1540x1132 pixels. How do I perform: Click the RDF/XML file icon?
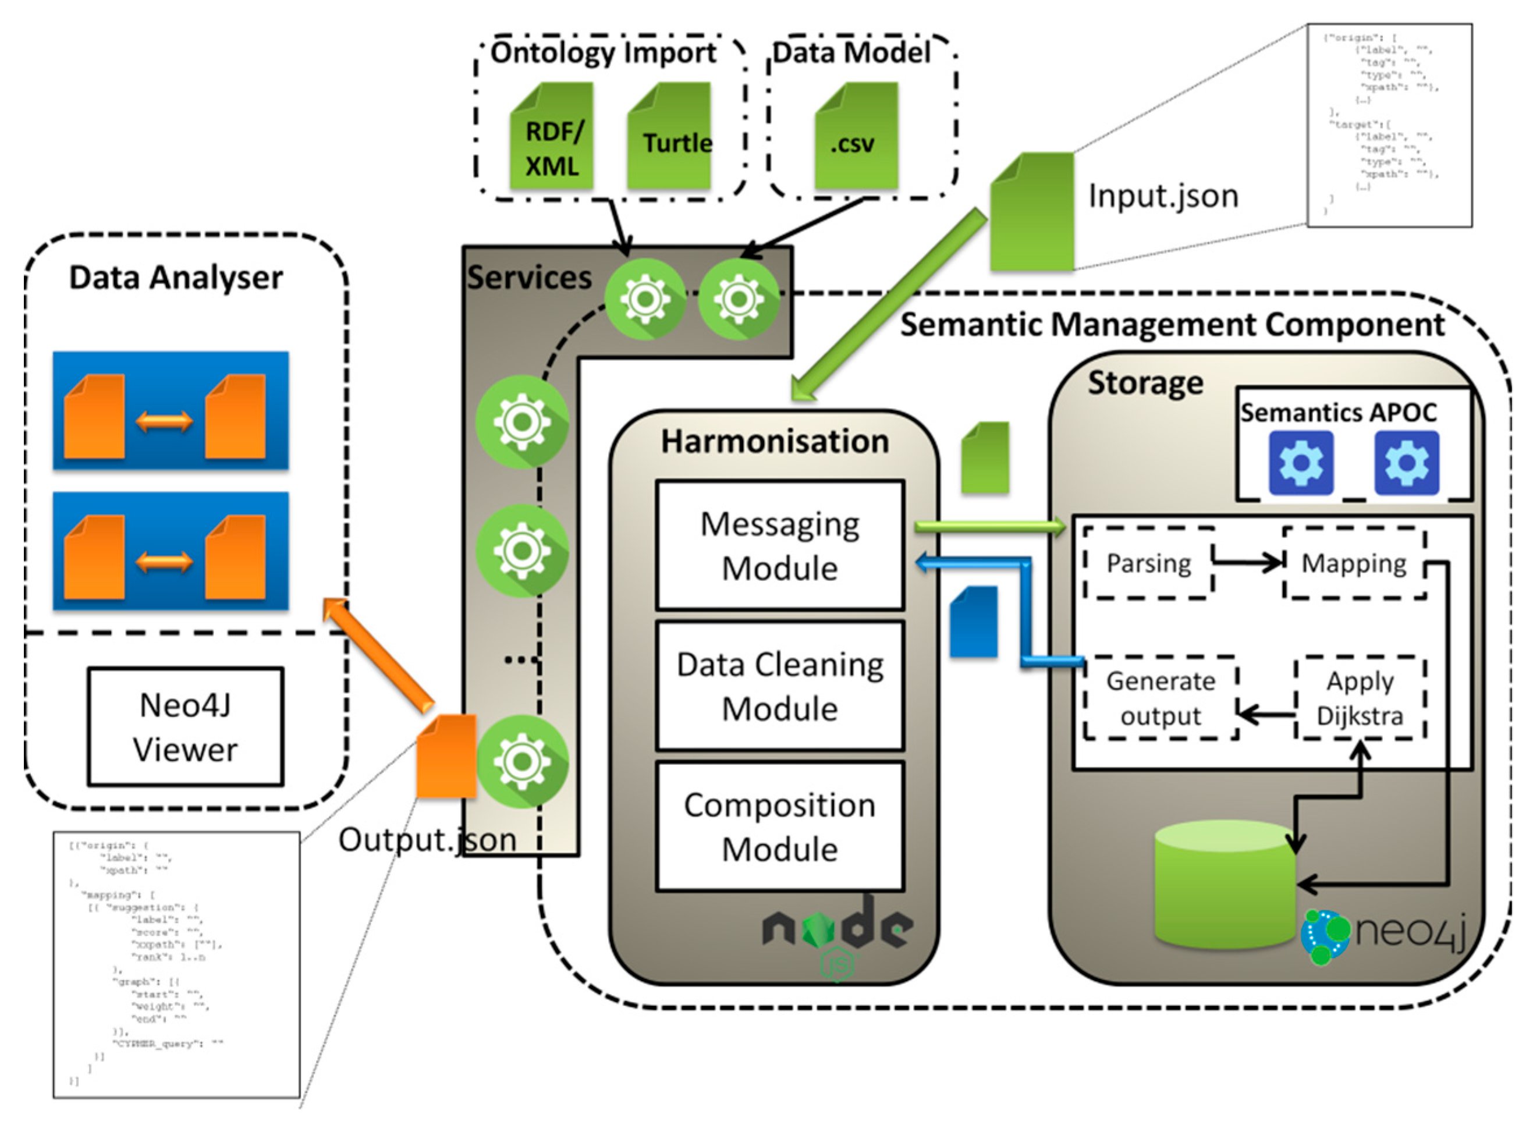[552, 136]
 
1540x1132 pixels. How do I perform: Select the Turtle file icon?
[669, 136]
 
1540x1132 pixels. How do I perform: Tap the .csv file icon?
[856, 136]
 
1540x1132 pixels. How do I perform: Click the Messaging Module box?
[779, 545]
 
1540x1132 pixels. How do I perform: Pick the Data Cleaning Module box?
[779, 686]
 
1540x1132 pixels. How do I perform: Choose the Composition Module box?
[779, 826]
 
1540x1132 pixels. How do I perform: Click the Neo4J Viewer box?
[185, 726]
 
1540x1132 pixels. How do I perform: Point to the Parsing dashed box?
[1149, 563]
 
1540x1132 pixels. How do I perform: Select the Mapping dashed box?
[1354, 563]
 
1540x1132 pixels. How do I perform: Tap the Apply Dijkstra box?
[1360, 698]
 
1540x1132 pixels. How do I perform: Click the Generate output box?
[1161, 698]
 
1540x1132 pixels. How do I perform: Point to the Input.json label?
[1163, 196]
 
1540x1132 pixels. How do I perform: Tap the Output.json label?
[427, 839]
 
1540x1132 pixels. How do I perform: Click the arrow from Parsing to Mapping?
[1247, 563]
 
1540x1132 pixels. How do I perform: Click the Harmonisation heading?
[775, 441]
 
